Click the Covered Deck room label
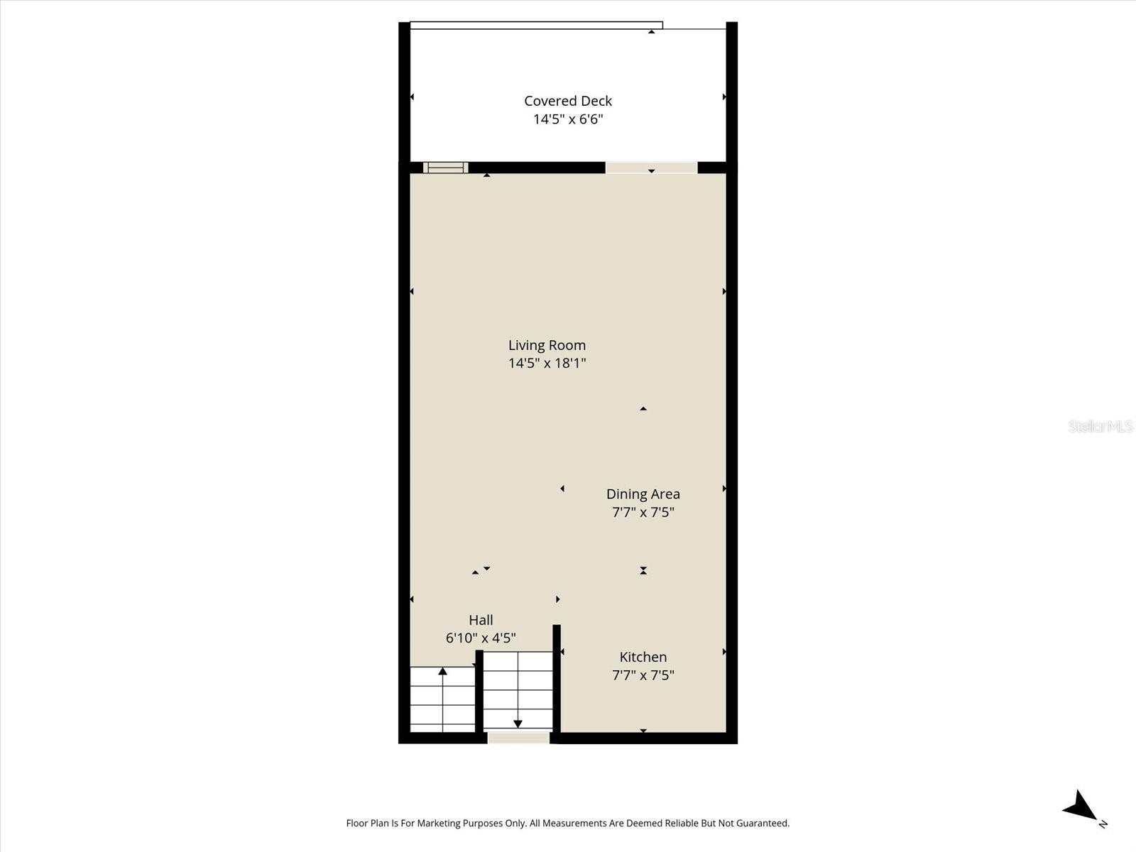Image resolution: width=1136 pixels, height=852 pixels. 568,101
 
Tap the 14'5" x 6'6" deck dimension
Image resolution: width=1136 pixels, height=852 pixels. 568,119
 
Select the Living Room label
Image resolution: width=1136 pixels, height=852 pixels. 547,345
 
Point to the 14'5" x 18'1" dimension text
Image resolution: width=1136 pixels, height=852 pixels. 547,364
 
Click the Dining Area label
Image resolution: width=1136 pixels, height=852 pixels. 643,493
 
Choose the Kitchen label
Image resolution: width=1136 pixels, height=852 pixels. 643,657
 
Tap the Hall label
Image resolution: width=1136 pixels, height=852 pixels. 481,620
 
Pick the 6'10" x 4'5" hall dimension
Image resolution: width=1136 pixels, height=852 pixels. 481,638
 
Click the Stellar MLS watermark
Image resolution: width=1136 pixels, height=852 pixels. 1100,426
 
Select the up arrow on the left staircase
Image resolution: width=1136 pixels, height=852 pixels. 442,671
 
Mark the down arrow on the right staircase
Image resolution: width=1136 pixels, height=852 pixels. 518,723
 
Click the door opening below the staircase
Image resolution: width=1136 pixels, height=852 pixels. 518,738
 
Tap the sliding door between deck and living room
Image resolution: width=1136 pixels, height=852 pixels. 651,168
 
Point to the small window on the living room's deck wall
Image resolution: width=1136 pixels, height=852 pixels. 445,168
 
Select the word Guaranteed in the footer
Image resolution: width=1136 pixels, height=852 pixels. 762,824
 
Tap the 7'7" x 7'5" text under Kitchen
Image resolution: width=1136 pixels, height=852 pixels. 643,675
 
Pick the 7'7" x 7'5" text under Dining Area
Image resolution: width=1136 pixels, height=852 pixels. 643,512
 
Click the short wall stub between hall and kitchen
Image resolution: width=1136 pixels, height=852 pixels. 557,678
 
